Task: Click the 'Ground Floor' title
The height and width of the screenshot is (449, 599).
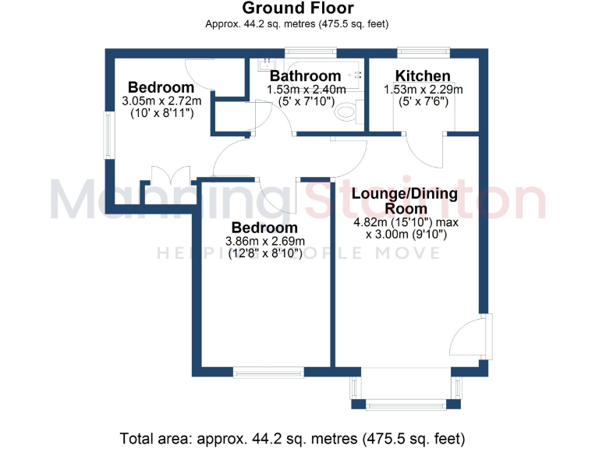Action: [299, 9]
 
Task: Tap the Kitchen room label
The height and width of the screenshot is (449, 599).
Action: [423, 76]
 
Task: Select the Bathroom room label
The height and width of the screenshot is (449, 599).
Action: [305, 76]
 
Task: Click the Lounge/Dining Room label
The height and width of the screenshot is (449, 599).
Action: [399, 201]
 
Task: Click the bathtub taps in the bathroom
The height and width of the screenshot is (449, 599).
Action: [358, 75]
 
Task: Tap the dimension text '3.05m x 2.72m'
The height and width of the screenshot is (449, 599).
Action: [161, 101]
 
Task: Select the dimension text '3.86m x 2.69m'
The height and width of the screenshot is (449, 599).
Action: [264, 241]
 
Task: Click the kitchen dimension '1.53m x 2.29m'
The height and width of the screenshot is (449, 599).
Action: [423, 90]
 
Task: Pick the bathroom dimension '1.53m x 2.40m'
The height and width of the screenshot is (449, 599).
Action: [306, 90]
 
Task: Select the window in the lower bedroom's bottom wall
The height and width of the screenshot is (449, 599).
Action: [270, 372]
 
